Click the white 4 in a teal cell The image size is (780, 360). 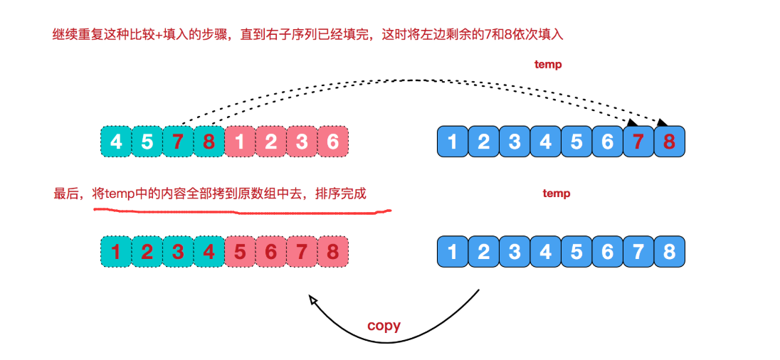pos(116,142)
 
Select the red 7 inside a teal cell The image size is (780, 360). pos(178,142)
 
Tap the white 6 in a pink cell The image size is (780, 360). pos(332,142)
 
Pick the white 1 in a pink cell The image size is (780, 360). pos(240,142)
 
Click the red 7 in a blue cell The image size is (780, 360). pos(638,142)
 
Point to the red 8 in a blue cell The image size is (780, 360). pos(669,142)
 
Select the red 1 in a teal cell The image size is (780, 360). pos(116,252)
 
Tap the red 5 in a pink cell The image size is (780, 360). pos(240,252)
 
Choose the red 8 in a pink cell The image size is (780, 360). pos(332,252)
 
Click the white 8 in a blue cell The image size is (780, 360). pos(669,252)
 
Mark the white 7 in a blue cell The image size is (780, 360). pos(638,252)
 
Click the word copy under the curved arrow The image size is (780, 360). pos(384,326)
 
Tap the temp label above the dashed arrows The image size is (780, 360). pos(548,64)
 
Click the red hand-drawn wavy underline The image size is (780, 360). pos(242,210)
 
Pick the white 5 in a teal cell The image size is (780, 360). pos(147,142)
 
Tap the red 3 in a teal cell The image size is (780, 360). pos(178,252)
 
